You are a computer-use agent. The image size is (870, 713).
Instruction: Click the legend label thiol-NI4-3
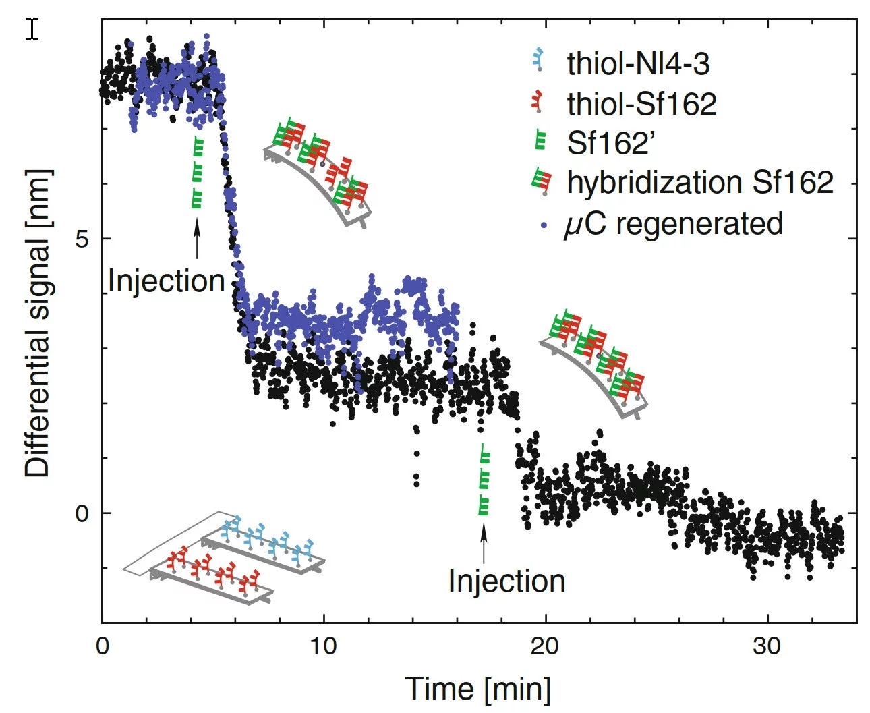coord(638,64)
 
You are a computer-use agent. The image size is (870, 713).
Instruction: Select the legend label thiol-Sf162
coord(641,104)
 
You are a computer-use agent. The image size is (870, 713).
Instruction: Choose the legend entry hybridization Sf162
coord(700,182)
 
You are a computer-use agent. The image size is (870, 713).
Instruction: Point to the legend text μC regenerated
coord(673,224)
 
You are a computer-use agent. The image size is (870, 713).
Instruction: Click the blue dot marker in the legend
coord(544,225)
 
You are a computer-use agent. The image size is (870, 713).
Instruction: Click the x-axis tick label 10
coord(323,646)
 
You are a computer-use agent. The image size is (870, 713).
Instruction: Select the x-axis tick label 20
coord(544,646)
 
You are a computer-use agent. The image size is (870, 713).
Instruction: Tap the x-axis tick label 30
coord(767,646)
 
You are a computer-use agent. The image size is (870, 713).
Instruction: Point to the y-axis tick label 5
coord(82,239)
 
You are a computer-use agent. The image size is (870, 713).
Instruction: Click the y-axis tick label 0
coord(82,514)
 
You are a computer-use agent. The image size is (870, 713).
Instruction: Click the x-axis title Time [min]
coord(477,689)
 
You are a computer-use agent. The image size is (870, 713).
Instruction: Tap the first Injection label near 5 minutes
coord(166,281)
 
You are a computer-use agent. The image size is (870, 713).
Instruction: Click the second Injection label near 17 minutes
coord(506,581)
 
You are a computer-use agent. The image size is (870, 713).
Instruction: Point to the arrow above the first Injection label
coord(197,240)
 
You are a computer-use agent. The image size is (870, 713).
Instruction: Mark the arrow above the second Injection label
coord(483,543)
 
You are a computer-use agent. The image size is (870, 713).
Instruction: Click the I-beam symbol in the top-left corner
coord(32,29)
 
